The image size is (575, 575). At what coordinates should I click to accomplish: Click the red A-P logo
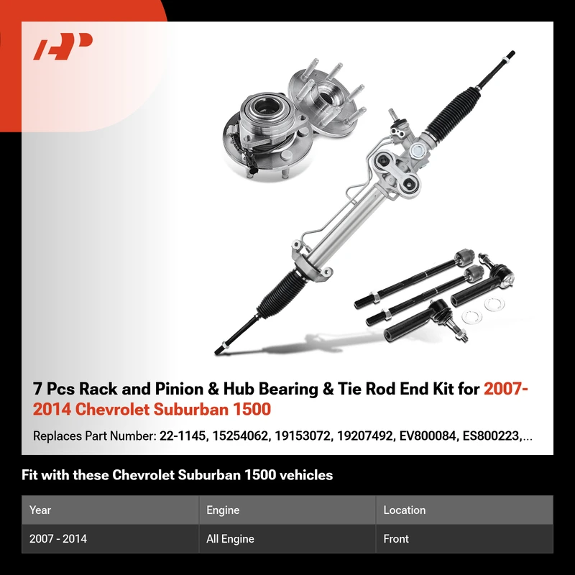tap(63, 46)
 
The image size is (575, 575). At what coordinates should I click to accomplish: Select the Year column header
tap(40, 510)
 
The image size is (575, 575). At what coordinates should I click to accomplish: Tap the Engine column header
tap(223, 510)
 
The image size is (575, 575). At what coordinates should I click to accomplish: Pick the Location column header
tap(405, 510)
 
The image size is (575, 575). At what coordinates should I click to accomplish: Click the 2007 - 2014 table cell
tap(58, 538)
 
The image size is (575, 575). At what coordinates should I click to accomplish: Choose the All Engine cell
tap(230, 538)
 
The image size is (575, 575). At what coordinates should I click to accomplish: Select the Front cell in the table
tap(396, 538)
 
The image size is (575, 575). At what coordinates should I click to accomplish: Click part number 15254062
tap(240, 436)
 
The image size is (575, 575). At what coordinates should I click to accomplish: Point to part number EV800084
tap(427, 436)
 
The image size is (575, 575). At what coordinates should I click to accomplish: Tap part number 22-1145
tap(183, 436)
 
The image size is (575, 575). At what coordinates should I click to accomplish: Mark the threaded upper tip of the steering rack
tap(510, 54)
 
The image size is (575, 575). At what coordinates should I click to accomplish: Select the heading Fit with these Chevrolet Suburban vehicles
tap(177, 475)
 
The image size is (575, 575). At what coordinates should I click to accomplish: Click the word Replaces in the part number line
tap(57, 436)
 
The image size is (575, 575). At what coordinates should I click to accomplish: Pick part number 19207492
tap(365, 436)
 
